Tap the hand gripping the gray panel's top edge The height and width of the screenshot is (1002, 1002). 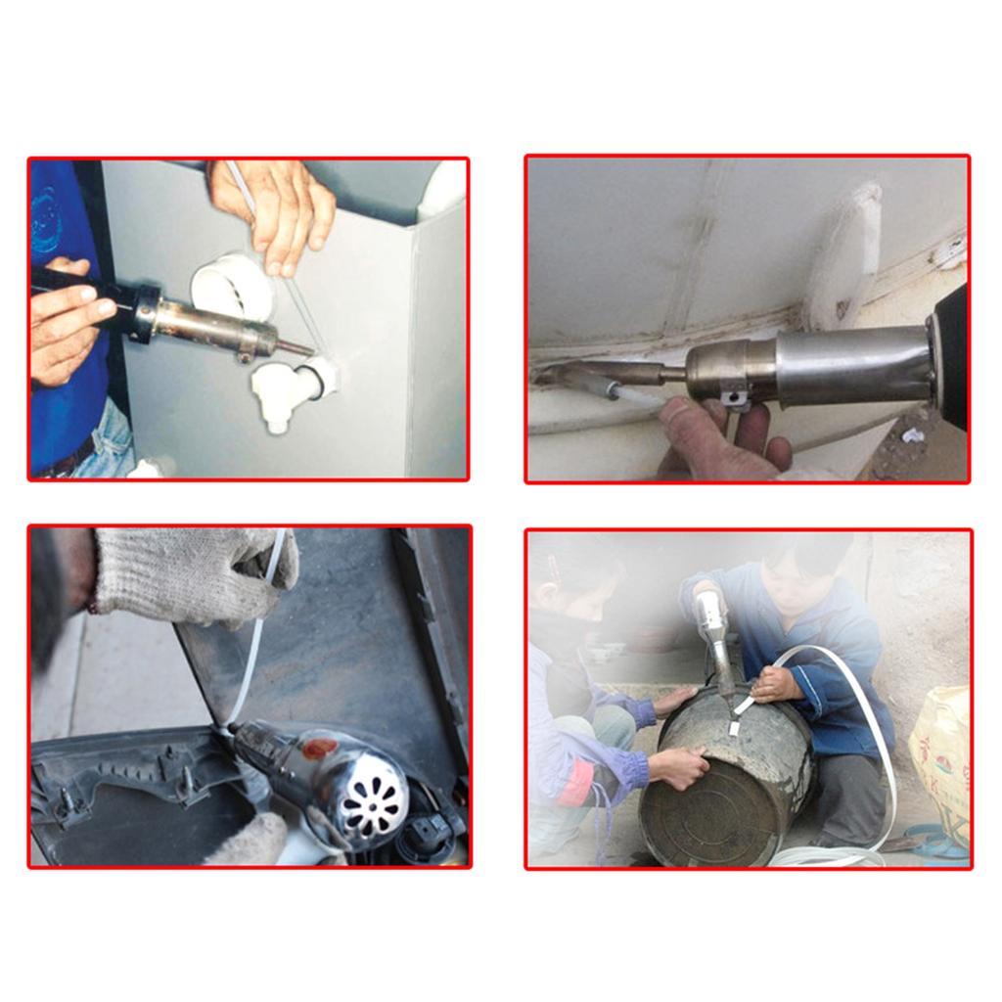click(x=279, y=210)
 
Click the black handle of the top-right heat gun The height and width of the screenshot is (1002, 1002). click(x=950, y=357)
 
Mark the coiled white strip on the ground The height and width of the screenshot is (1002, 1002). click(x=832, y=855)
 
